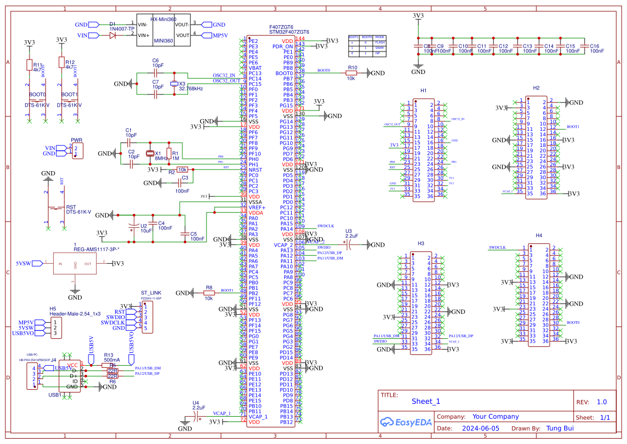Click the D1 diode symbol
coord(113,35)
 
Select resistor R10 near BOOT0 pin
coord(352,73)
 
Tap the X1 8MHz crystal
coord(150,154)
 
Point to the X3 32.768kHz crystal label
coord(190,86)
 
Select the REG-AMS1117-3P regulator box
coord(76,264)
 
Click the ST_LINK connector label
coord(151,293)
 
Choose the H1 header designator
coord(423,91)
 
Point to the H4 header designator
coord(539,236)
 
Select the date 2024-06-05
coord(480,428)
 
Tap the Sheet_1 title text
coord(426,401)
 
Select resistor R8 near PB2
coord(209,293)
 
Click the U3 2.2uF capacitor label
coord(351,233)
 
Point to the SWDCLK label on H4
coord(497,248)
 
